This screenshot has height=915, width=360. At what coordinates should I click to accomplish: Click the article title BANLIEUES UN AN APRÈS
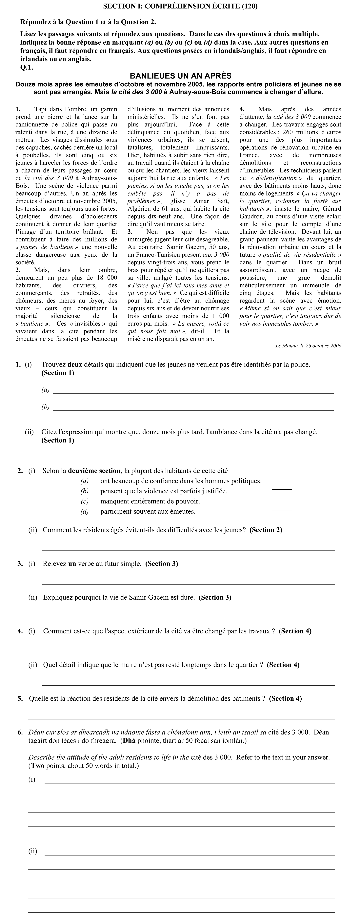pos(180,76)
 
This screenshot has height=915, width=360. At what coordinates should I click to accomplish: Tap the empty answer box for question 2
pos(282,500)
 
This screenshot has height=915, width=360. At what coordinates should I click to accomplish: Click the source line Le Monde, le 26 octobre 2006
pos(308,346)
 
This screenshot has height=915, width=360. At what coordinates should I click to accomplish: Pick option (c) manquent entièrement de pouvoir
pos(150,501)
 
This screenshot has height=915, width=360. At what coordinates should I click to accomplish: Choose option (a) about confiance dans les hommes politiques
pos(181,481)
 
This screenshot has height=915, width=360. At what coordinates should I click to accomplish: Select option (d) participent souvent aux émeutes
pos(148,511)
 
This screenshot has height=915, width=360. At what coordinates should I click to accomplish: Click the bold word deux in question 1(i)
pos(75,364)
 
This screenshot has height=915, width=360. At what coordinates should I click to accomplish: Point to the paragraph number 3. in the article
pos(130,232)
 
